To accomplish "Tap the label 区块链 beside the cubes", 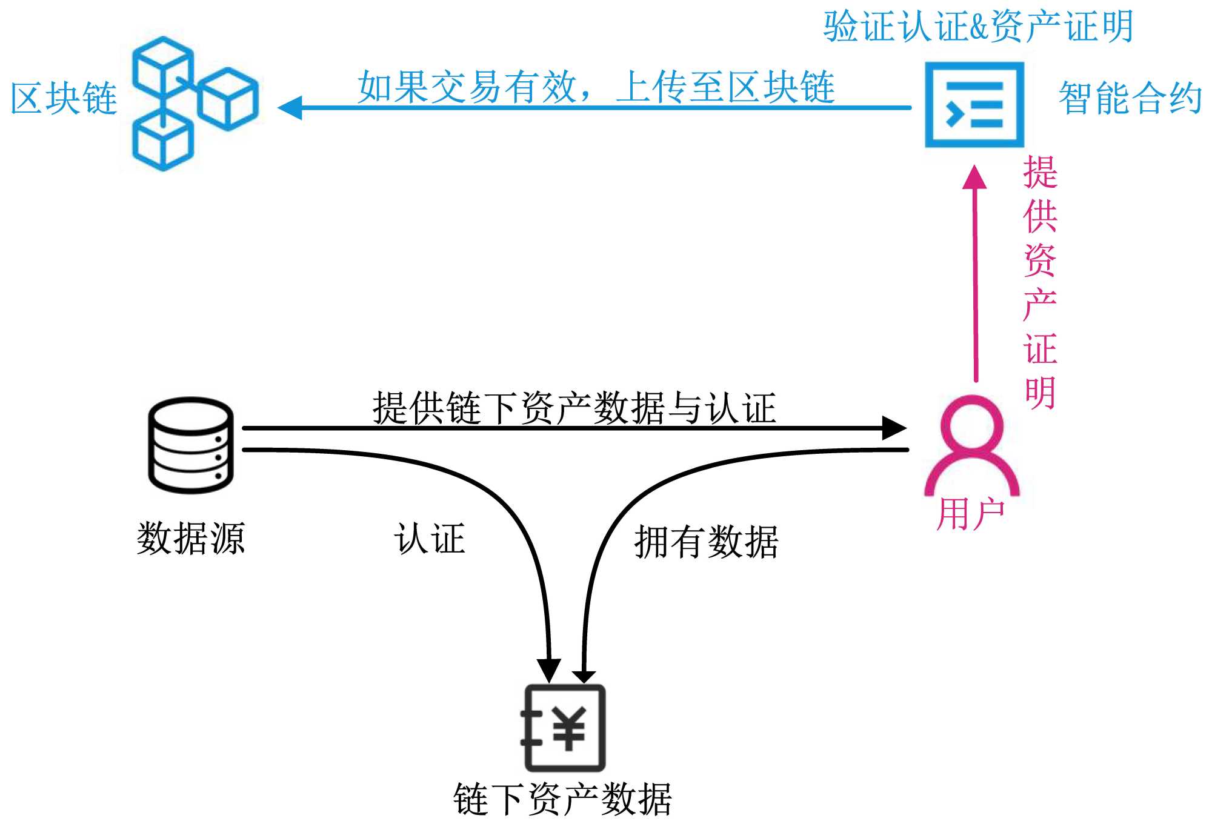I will [x=64, y=99].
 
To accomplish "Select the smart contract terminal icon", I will [x=974, y=105].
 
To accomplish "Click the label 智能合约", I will [x=1130, y=99].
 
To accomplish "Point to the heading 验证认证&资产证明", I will [x=977, y=27].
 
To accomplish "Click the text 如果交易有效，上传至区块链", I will [x=596, y=87].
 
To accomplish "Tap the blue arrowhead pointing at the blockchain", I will [x=290, y=108].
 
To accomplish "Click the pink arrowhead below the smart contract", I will [x=974, y=177].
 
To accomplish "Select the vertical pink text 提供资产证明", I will [x=1040, y=282].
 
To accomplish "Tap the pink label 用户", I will [x=971, y=514].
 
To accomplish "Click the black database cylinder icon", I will [x=191, y=445].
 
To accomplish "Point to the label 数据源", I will [x=191, y=538].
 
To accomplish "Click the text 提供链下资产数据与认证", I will [x=574, y=408].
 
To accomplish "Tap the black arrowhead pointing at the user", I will [x=893, y=428].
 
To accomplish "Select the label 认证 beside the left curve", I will [x=430, y=538].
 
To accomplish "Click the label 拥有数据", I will [x=706, y=541].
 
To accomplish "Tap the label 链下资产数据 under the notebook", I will [x=563, y=799].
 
